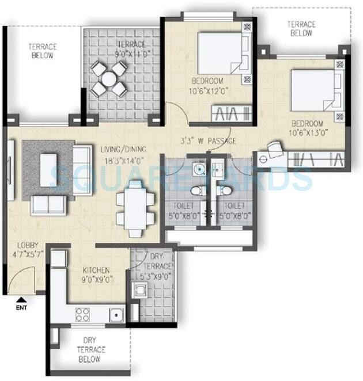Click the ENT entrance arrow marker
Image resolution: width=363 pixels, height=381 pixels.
(x=21, y=300)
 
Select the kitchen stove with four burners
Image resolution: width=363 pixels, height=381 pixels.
(x=82, y=315)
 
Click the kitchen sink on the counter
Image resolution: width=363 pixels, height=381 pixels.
(x=117, y=315)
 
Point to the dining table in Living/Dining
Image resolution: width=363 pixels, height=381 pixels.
(x=135, y=208)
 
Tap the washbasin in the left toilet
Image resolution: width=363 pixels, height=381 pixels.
(x=198, y=169)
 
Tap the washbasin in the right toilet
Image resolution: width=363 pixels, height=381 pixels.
(x=218, y=169)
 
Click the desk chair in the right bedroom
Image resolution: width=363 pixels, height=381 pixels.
(x=276, y=151)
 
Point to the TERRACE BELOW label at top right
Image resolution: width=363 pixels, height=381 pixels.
(x=302, y=29)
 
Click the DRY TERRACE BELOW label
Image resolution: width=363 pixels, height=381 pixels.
(x=91, y=349)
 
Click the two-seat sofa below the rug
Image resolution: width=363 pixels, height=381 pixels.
(x=48, y=205)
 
